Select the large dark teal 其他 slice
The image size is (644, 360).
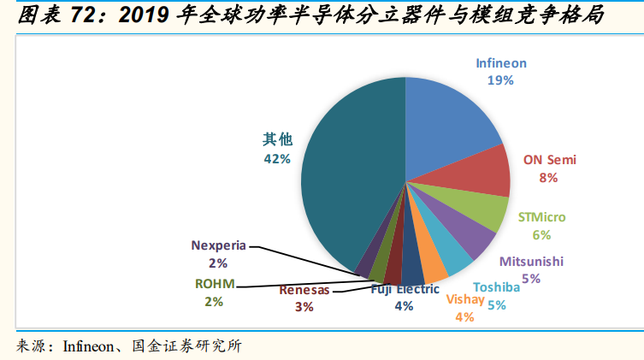pyautogui.click(x=342, y=180)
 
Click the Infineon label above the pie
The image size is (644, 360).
pyautogui.click(x=501, y=63)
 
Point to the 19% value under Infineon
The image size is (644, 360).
pyautogui.click(x=500, y=80)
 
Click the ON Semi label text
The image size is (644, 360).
pyautogui.click(x=549, y=159)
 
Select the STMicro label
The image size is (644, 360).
pyautogui.click(x=541, y=217)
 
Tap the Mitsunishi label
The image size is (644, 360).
pyautogui.click(x=531, y=261)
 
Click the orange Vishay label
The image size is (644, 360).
pyautogui.click(x=465, y=300)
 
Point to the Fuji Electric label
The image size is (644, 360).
pyautogui.click(x=405, y=289)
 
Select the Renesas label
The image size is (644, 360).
pyautogui.click(x=304, y=290)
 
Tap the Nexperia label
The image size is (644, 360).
pyautogui.click(x=219, y=245)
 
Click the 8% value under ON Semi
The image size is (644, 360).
pyautogui.click(x=548, y=177)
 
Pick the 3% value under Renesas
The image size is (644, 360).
pyautogui.click(x=304, y=306)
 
